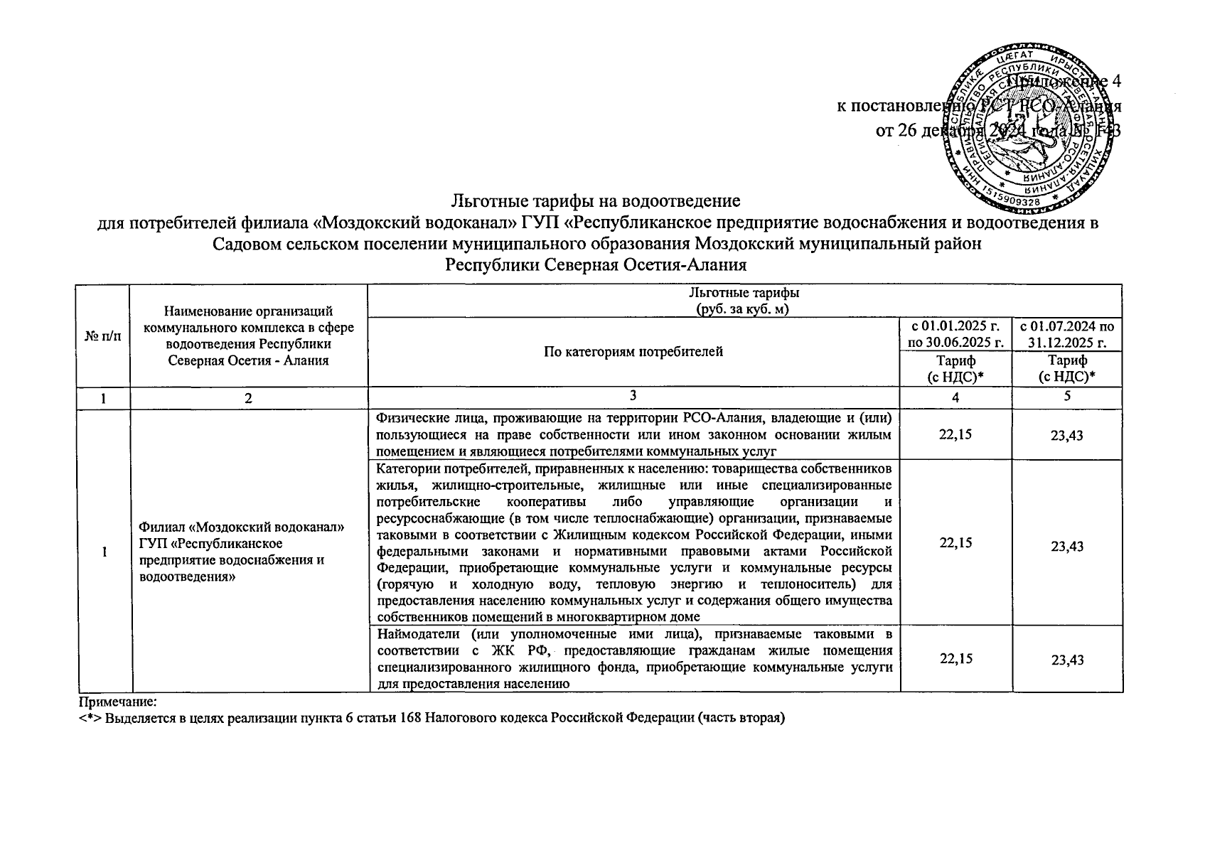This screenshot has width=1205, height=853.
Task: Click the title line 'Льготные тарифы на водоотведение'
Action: (597, 201)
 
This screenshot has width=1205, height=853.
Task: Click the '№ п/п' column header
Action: (103, 336)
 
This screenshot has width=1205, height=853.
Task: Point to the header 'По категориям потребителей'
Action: (633, 351)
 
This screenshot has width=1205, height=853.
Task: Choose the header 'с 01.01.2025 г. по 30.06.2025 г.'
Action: (955, 335)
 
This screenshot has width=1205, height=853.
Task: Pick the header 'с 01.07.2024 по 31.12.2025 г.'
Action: (1066, 335)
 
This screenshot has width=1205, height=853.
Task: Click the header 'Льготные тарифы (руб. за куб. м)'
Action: (744, 301)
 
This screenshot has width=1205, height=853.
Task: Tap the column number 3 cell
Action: (633, 397)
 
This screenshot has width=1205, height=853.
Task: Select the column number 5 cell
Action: (1067, 397)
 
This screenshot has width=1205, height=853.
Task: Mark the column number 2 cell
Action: (248, 399)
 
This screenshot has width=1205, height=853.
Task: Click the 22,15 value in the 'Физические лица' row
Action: (955, 434)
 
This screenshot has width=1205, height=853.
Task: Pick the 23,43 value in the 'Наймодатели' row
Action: (1067, 660)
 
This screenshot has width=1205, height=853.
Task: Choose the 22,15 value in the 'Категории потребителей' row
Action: (955, 543)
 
